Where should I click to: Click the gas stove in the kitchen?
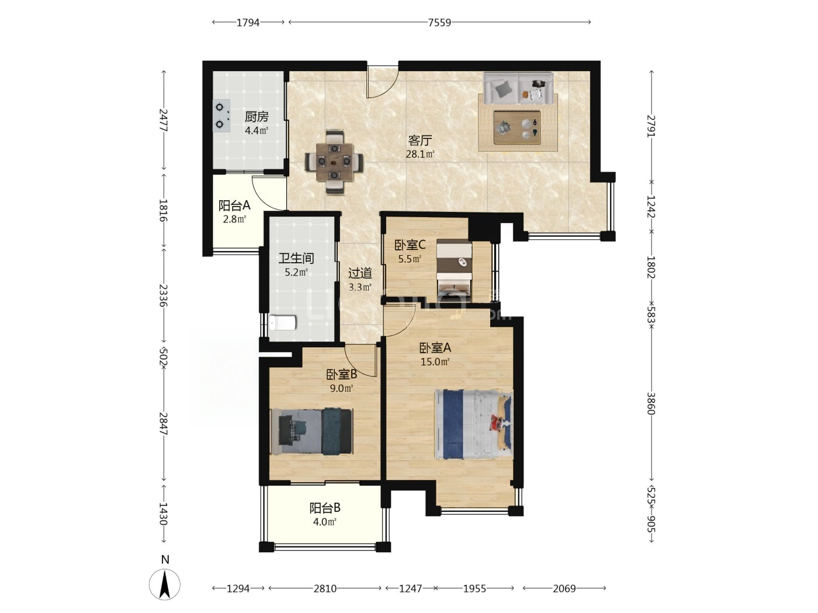pyautogui.click(x=221, y=116)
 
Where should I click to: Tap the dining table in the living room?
pyautogui.click(x=334, y=162)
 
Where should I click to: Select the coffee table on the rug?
pyautogui.click(x=517, y=128)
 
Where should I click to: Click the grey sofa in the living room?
pyautogui.click(x=518, y=89)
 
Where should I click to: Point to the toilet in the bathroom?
pyautogui.click(x=282, y=322)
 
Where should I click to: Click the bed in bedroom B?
pyautogui.click(x=311, y=431)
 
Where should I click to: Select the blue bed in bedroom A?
pyautogui.click(x=474, y=424)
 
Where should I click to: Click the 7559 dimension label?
pyautogui.click(x=439, y=23)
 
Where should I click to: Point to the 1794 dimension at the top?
pyautogui.click(x=248, y=23)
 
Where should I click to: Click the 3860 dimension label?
pyautogui.click(x=651, y=403)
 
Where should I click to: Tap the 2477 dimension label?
pyautogui.click(x=163, y=120)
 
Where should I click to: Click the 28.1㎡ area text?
pyautogui.click(x=420, y=154)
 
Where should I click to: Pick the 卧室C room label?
pyautogui.click(x=410, y=245)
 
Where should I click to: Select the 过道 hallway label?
pyautogui.click(x=360, y=273)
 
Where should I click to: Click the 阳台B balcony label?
pyautogui.click(x=325, y=508)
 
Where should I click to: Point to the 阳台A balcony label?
pyautogui.click(x=234, y=205)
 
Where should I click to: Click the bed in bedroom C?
pyautogui.click(x=454, y=269)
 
